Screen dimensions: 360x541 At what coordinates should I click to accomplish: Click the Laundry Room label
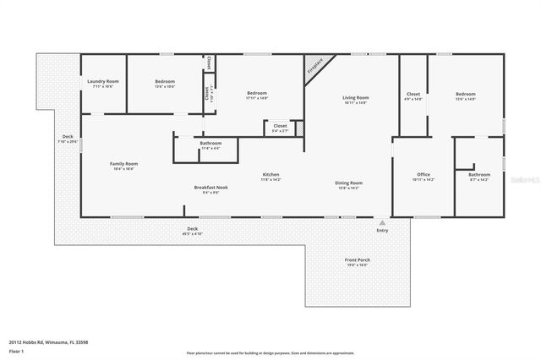click(x=103, y=81)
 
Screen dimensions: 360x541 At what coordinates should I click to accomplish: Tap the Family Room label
click(x=123, y=164)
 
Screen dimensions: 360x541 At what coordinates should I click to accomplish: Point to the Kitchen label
click(x=270, y=174)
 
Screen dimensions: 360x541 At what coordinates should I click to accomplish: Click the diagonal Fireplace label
click(x=314, y=67)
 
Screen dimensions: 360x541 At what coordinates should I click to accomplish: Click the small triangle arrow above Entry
click(x=382, y=222)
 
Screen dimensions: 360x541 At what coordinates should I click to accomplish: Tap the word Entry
click(x=383, y=230)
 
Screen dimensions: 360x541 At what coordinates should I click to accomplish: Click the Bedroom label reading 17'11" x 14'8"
click(x=257, y=93)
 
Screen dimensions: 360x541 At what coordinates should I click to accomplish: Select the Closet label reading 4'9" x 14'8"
click(x=413, y=94)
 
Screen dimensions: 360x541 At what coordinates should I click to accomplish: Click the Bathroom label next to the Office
click(x=479, y=174)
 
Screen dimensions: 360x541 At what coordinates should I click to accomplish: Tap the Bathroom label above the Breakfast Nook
click(x=210, y=143)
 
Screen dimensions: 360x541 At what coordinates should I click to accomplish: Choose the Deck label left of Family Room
click(x=68, y=137)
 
